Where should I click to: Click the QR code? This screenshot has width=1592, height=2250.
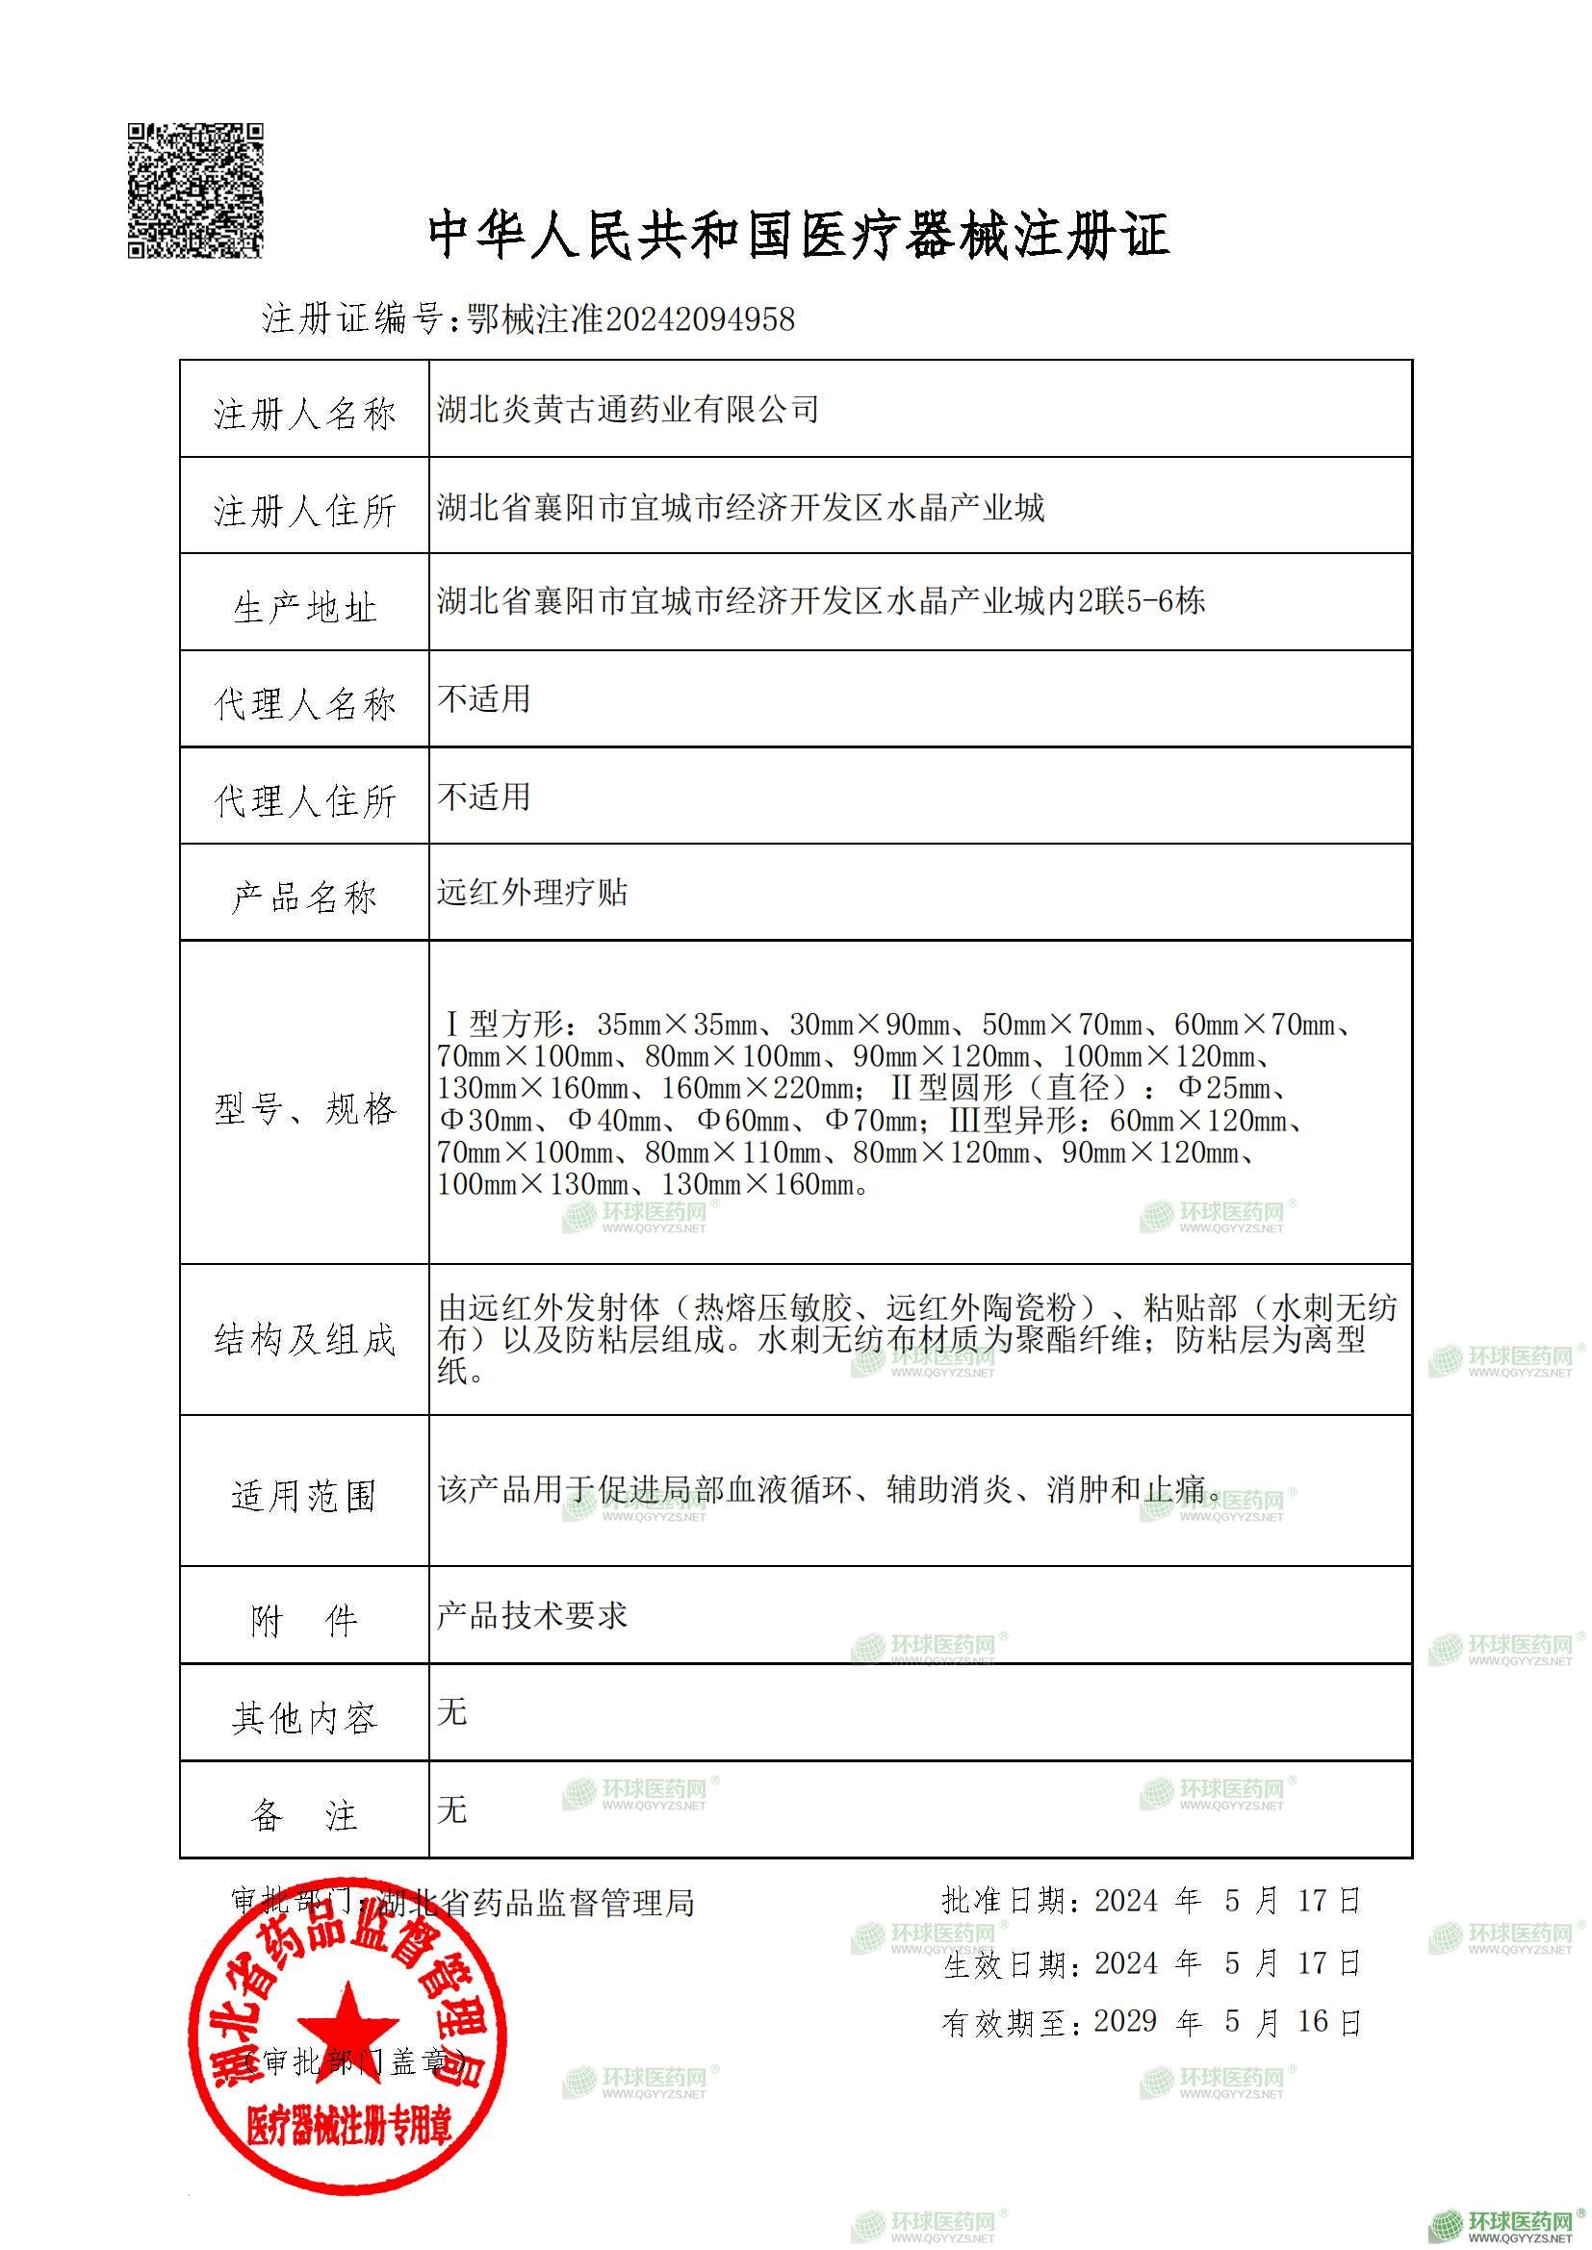(x=196, y=190)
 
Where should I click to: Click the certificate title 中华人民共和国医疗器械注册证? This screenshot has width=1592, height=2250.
(x=799, y=237)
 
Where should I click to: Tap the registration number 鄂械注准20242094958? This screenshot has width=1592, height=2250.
(x=631, y=319)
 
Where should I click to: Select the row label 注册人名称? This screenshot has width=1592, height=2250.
(x=305, y=413)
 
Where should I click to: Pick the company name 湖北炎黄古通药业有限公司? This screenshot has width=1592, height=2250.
(x=628, y=409)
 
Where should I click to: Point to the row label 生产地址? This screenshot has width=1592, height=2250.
(x=305, y=608)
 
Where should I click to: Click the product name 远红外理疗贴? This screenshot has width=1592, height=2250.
(x=531, y=893)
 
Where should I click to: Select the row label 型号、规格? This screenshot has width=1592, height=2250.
(x=305, y=1108)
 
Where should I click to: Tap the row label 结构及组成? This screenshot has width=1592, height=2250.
(x=305, y=1340)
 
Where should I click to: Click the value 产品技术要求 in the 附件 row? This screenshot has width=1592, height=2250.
(x=531, y=1615)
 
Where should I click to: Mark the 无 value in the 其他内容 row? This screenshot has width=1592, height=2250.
(x=452, y=1711)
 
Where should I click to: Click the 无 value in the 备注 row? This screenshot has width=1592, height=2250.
(x=452, y=1808)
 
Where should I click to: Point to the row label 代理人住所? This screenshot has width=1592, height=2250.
(x=305, y=800)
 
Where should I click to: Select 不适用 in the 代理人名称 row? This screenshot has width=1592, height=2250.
(x=483, y=698)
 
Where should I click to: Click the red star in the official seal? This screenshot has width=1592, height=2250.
(x=347, y=2028)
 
